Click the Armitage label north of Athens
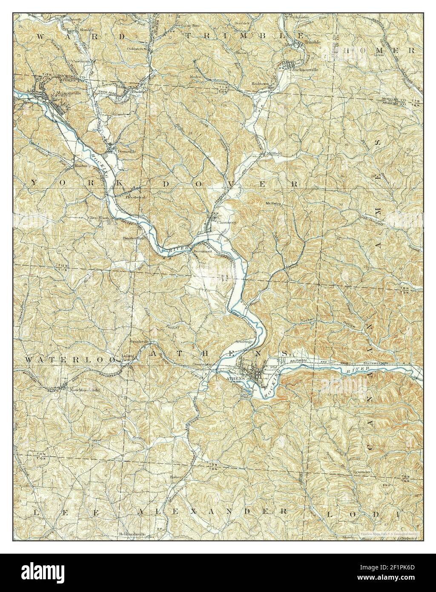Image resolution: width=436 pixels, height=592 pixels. (x=244, y=342)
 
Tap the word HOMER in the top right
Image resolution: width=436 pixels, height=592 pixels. (x=380, y=50)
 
